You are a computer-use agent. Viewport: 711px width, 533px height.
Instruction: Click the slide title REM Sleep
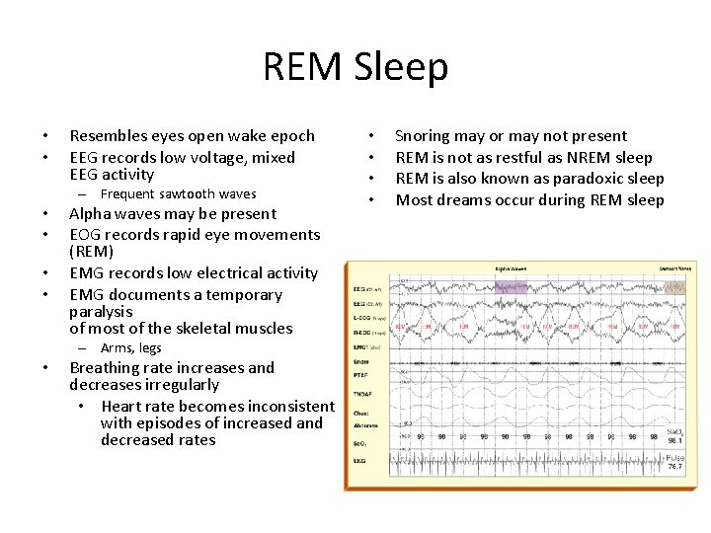tap(355, 68)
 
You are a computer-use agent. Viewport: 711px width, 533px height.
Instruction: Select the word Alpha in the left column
tap(90, 214)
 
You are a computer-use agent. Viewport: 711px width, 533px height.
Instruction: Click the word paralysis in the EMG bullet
tap(101, 311)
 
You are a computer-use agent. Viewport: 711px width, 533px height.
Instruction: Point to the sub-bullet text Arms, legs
tap(130, 348)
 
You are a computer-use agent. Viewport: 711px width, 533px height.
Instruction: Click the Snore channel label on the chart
tap(362, 361)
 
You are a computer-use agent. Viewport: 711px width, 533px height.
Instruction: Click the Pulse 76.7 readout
tap(674, 462)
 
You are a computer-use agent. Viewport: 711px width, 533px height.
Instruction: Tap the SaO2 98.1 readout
tap(674, 435)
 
